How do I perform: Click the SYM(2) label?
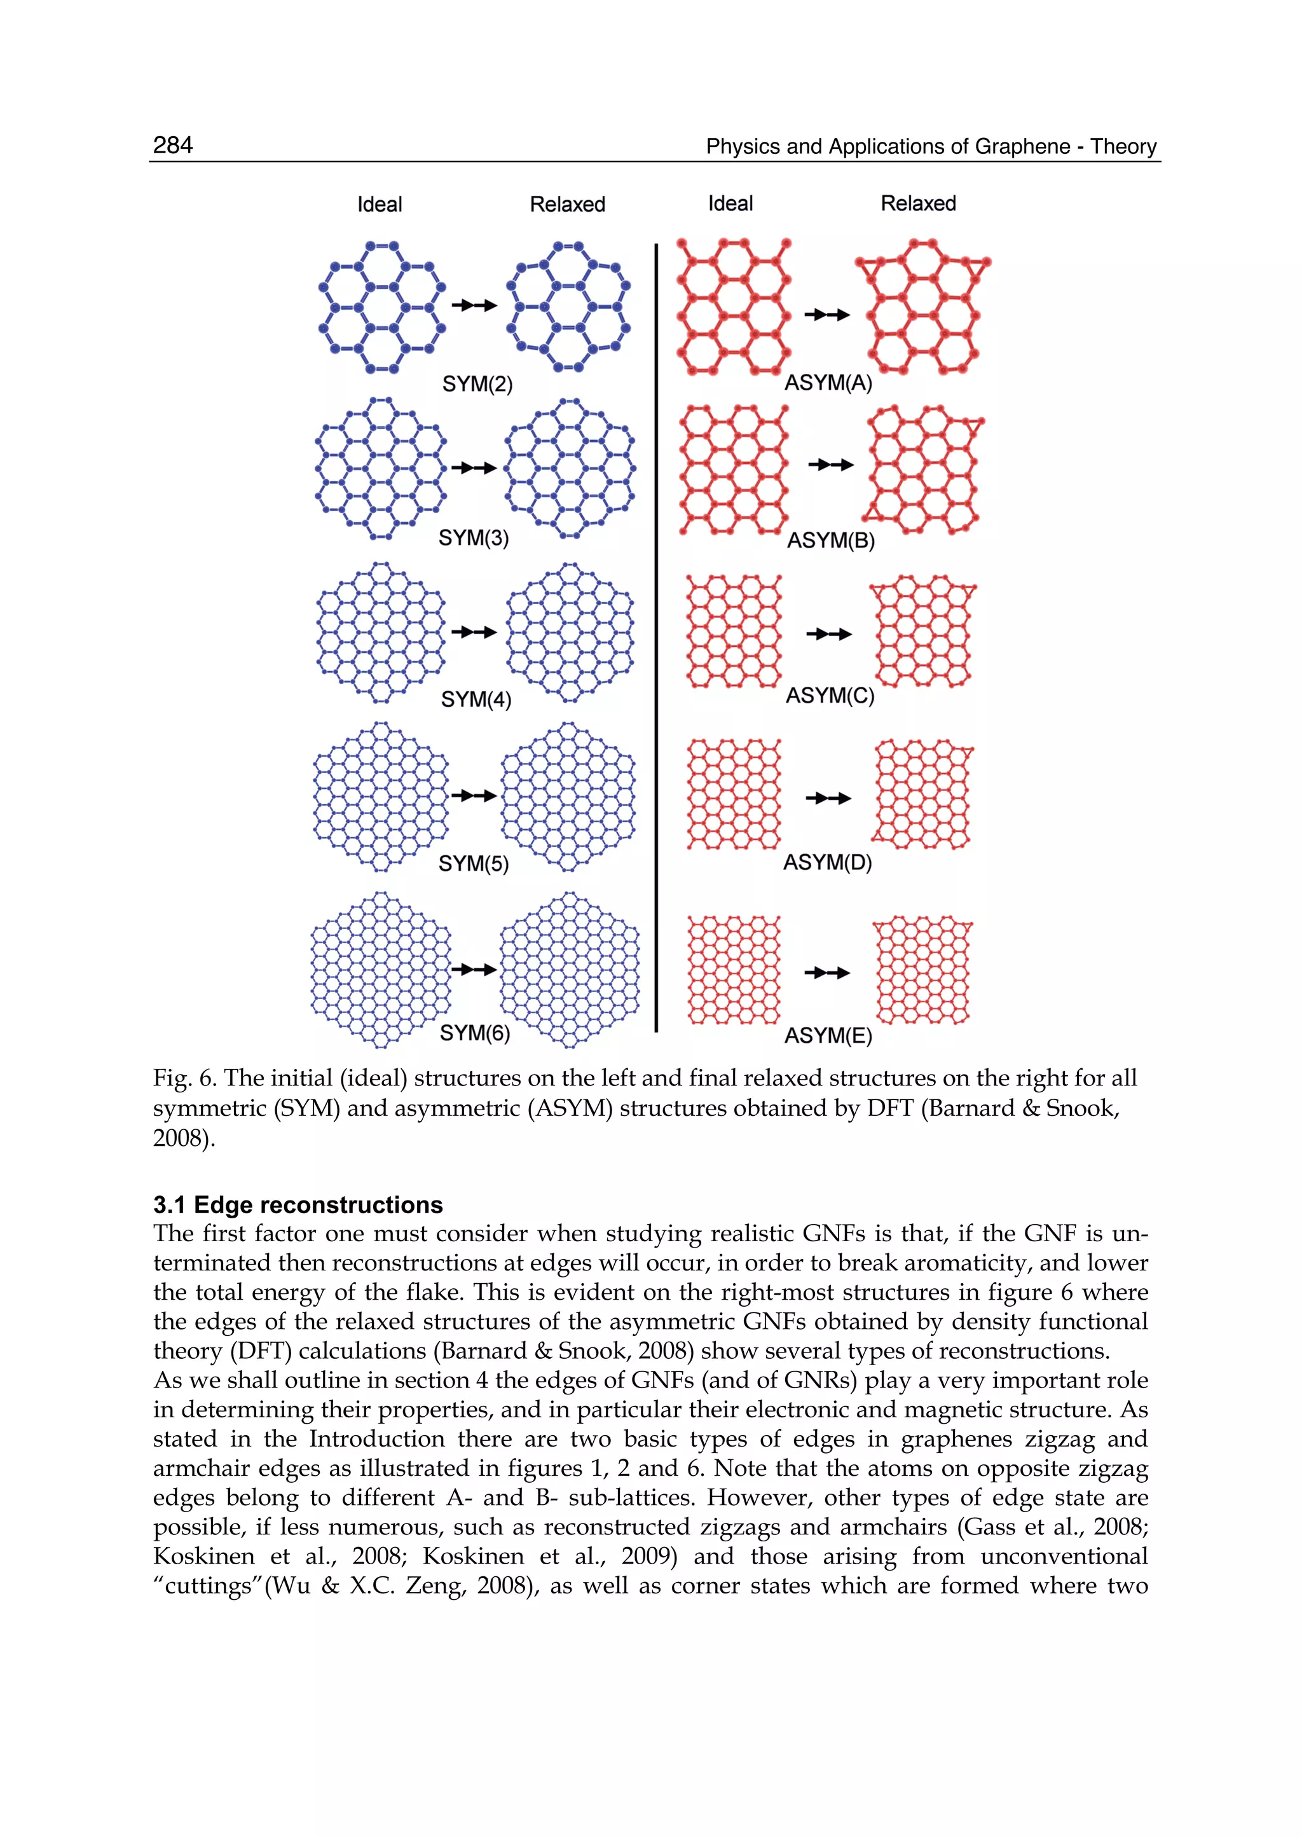pyautogui.click(x=477, y=384)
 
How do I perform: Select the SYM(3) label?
pyautogui.click(x=473, y=537)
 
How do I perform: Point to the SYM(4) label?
pyautogui.click(x=476, y=699)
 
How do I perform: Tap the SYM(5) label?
pyautogui.click(x=473, y=863)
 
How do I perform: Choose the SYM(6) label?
pyautogui.click(x=475, y=1033)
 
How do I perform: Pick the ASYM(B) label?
pyautogui.click(x=830, y=540)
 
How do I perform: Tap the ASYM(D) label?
pyautogui.click(x=827, y=862)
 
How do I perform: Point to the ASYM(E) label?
pyautogui.click(x=828, y=1035)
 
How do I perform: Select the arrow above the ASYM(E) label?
pyautogui.click(x=826, y=973)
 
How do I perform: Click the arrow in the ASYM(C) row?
pyautogui.click(x=828, y=634)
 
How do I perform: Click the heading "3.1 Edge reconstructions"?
pyautogui.click(x=298, y=1204)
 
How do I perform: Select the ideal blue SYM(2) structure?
pyautogui.click(x=381, y=306)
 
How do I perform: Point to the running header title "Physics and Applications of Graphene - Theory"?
pyautogui.click(x=931, y=147)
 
